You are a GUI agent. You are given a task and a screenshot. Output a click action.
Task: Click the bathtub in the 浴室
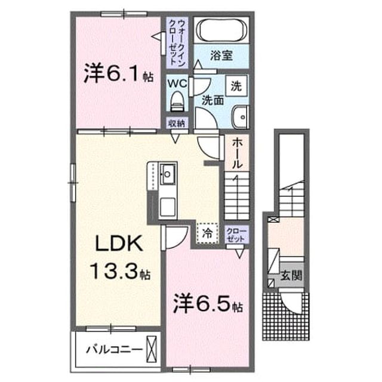tap(221, 30)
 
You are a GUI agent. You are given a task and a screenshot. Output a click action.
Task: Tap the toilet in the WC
tap(177, 101)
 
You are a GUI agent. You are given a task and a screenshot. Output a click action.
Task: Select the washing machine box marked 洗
tap(236, 85)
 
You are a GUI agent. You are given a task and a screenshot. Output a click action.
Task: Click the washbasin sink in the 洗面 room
tap(240, 117)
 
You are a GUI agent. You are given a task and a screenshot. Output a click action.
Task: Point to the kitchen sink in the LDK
tap(168, 174)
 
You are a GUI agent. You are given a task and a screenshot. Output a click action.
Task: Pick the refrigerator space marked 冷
tap(207, 233)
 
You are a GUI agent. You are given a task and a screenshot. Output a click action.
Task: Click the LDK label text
tap(119, 244)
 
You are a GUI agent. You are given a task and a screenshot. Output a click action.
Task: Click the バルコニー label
tap(114, 350)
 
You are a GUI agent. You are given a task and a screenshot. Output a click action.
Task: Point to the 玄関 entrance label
tap(291, 276)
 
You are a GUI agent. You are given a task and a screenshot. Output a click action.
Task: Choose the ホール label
tap(237, 153)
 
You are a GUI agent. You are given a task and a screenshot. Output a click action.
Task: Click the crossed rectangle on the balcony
tap(151, 349)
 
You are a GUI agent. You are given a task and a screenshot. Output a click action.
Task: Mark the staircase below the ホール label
tap(237, 196)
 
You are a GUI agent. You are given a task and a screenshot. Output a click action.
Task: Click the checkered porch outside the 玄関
tap(286, 316)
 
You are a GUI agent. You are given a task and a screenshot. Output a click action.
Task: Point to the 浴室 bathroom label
tap(221, 56)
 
